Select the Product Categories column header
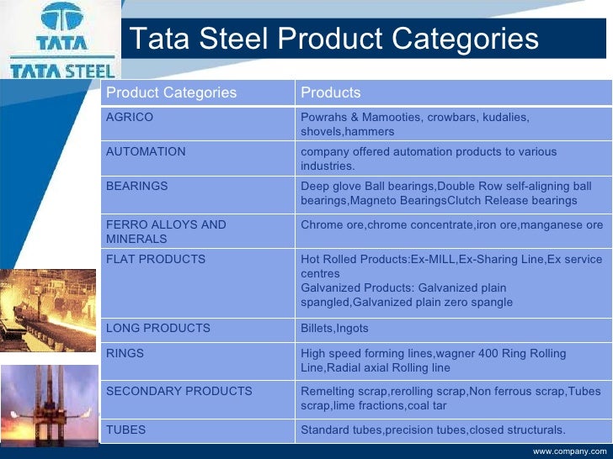[171, 92]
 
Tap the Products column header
[331, 92]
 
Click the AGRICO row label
[130, 118]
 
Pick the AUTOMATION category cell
[146, 152]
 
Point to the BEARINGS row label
[136, 186]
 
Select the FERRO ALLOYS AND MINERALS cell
[166, 232]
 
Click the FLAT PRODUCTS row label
[155, 259]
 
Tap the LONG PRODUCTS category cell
[157, 328]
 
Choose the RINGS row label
[125, 354]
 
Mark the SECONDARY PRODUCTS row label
[179, 391]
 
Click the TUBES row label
[125, 430]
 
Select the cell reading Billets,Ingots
[334, 328]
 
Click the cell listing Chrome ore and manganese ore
[451, 225]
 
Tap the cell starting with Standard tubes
[433, 430]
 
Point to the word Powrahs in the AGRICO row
[324, 118]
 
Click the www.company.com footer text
[569, 451]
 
